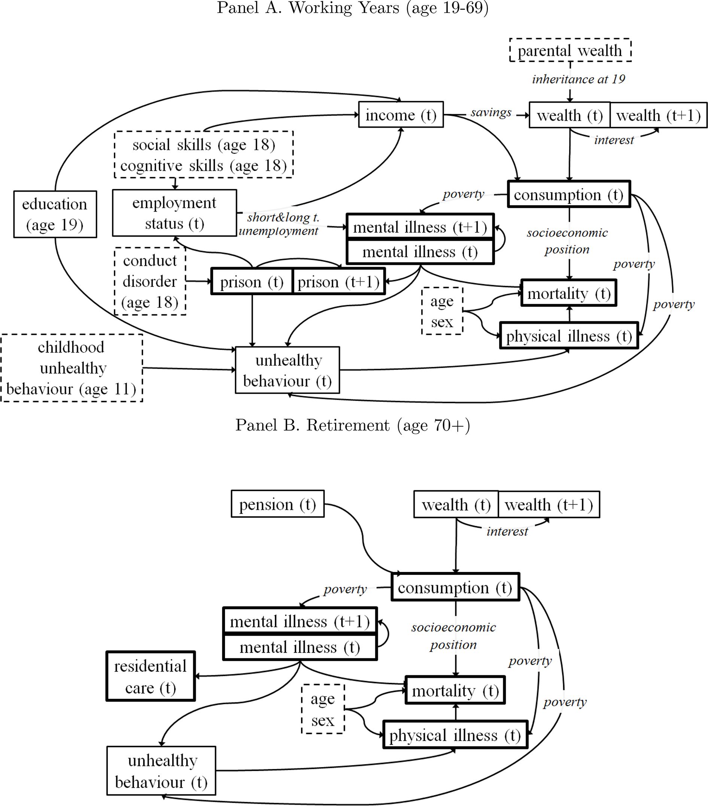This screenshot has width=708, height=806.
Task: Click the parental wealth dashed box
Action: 570,51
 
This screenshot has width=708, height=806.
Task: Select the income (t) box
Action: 401,115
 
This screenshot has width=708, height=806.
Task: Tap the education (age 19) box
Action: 55,214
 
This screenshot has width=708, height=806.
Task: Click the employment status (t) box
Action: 174,213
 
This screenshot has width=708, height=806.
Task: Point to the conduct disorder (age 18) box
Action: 150,281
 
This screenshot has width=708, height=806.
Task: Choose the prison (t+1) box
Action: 338,282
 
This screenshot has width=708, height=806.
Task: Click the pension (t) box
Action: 277,504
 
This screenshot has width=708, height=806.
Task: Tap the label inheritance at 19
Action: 578,79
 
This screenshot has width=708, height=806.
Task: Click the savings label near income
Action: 491,113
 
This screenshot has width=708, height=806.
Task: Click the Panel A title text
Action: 353,8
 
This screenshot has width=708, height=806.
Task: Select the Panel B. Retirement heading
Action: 353,425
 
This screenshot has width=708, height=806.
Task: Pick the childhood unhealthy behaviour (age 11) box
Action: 72,368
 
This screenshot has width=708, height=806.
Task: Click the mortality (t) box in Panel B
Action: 455,691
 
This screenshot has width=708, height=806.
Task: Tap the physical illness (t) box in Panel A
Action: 569,336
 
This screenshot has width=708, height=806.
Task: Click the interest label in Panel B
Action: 507,531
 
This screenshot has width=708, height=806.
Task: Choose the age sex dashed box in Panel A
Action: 442,311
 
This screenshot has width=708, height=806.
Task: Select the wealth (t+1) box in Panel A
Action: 658,115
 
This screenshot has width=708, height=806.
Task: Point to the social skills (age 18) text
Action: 204,145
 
